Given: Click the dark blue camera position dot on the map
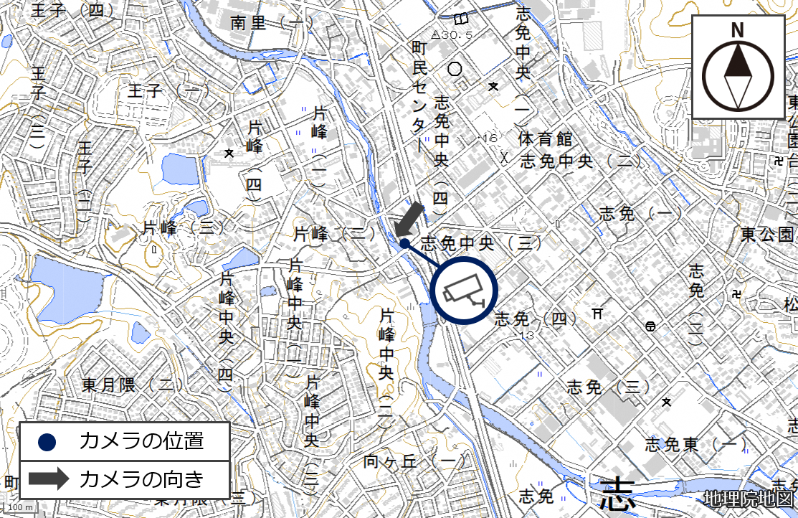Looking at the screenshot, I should click(x=404, y=243).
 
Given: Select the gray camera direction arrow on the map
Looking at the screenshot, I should click(x=409, y=219).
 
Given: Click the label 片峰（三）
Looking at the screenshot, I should click(x=335, y=233).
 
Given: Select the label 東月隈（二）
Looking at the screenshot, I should click(x=128, y=385).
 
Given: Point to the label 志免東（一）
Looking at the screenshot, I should click(x=695, y=445).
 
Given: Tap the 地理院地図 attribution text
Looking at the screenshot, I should click(x=749, y=498).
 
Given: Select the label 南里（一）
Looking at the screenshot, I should click(x=267, y=23).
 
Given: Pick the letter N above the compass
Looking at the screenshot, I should click(x=737, y=30).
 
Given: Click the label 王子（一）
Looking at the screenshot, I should click(x=163, y=91).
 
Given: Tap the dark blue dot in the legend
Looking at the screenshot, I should click(x=49, y=441).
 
